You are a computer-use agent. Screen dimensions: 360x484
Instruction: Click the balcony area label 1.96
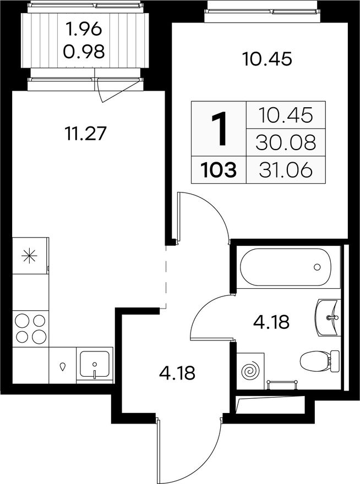[84, 30]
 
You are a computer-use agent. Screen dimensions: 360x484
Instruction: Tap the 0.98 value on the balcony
[84, 52]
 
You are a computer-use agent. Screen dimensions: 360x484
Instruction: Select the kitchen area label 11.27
[86, 134]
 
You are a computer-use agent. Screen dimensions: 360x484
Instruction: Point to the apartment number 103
[219, 170]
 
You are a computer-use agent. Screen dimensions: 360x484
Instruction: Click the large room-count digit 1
[220, 128]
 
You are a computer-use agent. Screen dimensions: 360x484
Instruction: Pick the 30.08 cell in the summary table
[286, 142]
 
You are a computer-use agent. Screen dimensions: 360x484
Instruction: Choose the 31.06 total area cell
[286, 170]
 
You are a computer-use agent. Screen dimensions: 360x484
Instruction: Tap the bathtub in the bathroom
[286, 267]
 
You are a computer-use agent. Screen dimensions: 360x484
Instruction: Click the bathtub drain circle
[317, 267]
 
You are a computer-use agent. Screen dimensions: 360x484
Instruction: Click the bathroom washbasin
[327, 317]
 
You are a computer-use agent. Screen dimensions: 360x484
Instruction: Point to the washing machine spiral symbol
[250, 371]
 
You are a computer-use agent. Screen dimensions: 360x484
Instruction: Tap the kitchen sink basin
[95, 365]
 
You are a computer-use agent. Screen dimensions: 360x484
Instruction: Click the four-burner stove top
[31, 329]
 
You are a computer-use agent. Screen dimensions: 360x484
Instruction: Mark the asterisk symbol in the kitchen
[29, 256]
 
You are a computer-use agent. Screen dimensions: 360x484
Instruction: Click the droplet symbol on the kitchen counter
[63, 366]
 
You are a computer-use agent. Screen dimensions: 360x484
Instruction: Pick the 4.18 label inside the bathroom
[271, 322]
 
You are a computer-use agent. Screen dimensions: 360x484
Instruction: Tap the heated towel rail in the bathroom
[282, 384]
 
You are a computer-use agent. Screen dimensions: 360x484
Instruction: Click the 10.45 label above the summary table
[267, 59]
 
